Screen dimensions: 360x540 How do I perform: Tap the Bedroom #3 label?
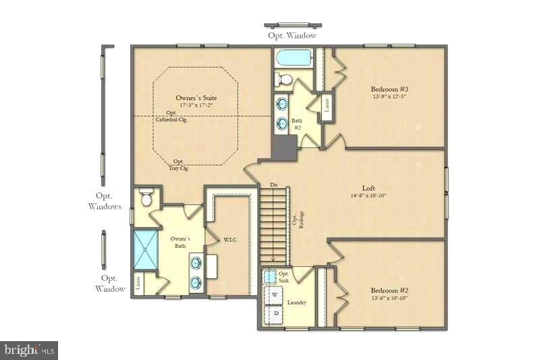coord(389,88)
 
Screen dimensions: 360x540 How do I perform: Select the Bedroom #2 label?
coord(389,290)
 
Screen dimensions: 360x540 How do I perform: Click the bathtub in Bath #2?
coord(293,57)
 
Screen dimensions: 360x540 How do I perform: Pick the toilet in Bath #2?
coord(283,80)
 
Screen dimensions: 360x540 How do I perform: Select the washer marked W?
coord(275,294)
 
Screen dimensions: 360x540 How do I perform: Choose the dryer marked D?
coord(275,313)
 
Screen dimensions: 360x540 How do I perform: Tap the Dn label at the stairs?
coord(273,184)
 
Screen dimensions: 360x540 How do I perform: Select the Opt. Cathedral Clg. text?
coord(171,117)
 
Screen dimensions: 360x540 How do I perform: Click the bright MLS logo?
coord(29,349)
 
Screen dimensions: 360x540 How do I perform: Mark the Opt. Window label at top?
coord(292,35)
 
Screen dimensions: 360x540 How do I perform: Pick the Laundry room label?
coord(296,303)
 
